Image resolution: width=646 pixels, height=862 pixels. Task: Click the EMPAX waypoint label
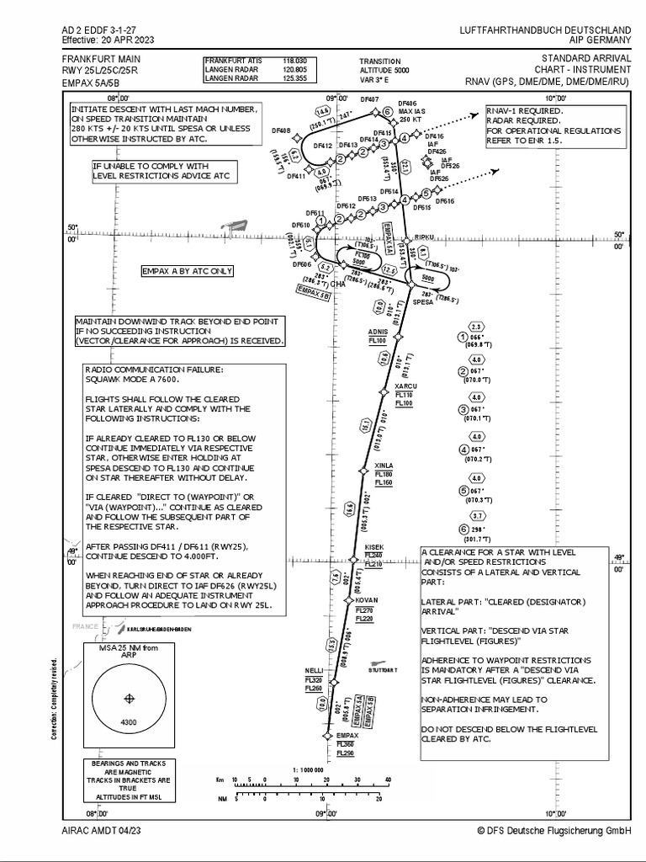click(347, 735)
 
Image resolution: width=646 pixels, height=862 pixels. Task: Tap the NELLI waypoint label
click(314, 670)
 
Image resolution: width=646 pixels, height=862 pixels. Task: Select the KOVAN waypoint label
click(367, 600)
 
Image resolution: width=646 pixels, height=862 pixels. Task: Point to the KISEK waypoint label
click(374, 547)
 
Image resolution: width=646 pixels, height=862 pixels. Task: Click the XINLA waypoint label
click(384, 466)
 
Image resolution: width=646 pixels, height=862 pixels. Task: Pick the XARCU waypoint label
click(405, 386)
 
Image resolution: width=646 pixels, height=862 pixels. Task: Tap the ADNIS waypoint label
click(378, 332)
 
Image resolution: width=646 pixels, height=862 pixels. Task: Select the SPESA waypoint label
click(422, 301)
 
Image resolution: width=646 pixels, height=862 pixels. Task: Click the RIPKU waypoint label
click(423, 238)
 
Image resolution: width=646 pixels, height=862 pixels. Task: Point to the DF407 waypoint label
click(369, 99)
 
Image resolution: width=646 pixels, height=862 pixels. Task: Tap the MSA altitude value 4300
click(129, 722)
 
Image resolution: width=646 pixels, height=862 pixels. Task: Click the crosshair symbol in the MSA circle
click(129, 699)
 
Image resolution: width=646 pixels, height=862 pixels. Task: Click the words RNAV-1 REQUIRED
click(524, 110)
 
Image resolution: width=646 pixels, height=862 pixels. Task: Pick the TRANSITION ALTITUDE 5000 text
click(380, 67)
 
